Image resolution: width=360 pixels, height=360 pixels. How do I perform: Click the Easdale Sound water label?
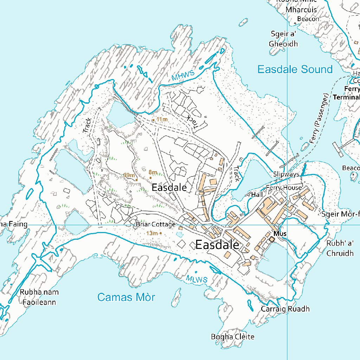click(295, 69)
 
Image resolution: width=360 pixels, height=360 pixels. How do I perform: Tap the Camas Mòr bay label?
click(126, 297)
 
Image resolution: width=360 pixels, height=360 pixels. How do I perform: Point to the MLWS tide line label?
click(197, 279)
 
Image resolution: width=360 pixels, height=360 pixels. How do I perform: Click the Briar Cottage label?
click(155, 225)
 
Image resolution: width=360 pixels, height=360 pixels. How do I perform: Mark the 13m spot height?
click(154, 233)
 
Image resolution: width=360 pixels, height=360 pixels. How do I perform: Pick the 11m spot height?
click(160, 120)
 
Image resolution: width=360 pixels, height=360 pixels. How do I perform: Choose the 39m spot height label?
click(129, 175)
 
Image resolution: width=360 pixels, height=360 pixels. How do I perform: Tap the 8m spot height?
click(153, 172)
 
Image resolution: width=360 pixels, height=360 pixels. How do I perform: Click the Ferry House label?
click(284, 188)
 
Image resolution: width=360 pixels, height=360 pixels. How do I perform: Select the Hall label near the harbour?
click(257, 194)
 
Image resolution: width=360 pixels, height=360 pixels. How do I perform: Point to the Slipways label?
click(286, 174)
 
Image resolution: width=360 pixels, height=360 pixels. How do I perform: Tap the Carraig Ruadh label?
click(285, 309)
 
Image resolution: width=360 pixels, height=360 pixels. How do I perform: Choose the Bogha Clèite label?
click(232, 337)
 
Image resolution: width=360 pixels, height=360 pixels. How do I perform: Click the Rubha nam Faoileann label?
click(39, 297)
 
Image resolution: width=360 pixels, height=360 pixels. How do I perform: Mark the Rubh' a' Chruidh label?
click(340, 248)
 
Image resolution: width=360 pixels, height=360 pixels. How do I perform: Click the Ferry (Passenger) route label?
click(319, 118)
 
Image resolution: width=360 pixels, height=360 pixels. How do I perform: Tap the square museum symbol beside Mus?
click(271, 239)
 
